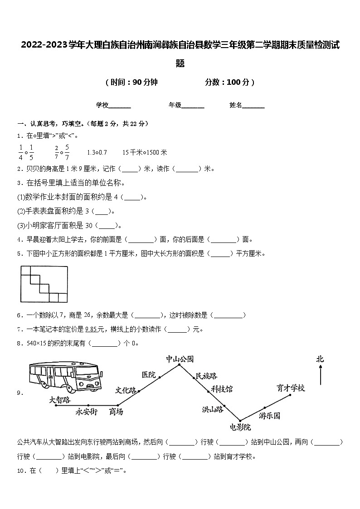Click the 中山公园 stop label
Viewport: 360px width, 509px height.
180,359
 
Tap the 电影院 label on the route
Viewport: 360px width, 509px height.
240,427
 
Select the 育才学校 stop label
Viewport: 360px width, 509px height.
291,388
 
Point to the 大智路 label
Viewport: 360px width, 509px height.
60,399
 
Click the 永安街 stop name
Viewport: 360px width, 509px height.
87,412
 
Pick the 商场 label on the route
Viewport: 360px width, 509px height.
116,412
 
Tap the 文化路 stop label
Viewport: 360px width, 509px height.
126,390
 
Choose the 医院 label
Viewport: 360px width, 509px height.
149,374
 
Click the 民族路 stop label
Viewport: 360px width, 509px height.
206,376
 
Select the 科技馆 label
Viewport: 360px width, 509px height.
222,389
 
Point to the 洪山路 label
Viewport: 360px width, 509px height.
213,409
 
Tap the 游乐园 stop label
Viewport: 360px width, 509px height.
270,415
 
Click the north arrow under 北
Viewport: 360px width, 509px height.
321,375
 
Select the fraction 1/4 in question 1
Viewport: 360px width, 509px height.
21,152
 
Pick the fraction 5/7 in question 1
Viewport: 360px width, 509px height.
67,152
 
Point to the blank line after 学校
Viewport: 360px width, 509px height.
120,106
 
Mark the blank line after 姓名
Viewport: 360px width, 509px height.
253,106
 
